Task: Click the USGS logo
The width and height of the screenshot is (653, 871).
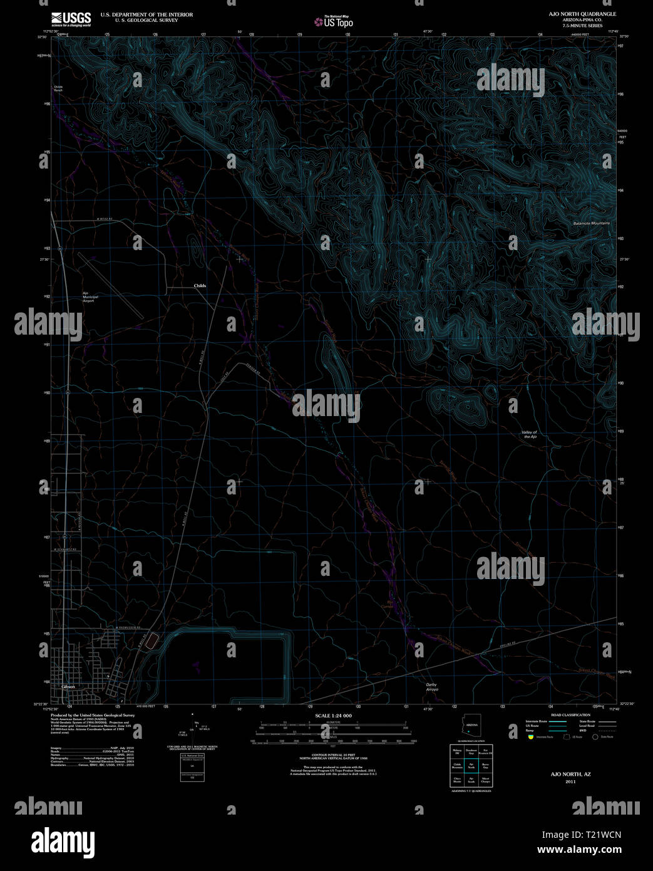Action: tap(70, 18)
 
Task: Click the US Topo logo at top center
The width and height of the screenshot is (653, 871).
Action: tap(334, 22)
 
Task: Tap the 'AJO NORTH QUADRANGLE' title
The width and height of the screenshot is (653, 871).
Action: tap(582, 14)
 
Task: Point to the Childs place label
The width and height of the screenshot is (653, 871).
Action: tap(200, 286)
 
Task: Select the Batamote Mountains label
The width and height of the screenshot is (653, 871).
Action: tap(591, 223)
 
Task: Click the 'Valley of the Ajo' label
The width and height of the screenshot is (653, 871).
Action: tap(529, 434)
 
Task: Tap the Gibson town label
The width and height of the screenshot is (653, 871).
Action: tap(69, 686)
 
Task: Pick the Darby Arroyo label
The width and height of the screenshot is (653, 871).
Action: tap(432, 687)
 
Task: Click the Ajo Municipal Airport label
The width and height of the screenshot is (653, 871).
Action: tap(88, 297)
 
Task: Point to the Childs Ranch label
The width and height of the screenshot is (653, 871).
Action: tap(58, 88)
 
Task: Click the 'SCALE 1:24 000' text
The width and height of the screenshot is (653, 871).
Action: tap(333, 716)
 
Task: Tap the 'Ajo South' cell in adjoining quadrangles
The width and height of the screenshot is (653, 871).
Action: tap(471, 781)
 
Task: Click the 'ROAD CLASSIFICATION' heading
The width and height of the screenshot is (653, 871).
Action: tap(570, 715)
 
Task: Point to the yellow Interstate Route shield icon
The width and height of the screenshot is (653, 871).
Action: tap(531, 737)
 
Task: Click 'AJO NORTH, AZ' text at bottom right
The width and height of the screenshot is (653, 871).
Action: tap(570, 775)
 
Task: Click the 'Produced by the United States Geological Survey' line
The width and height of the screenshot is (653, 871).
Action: tap(93, 715)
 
